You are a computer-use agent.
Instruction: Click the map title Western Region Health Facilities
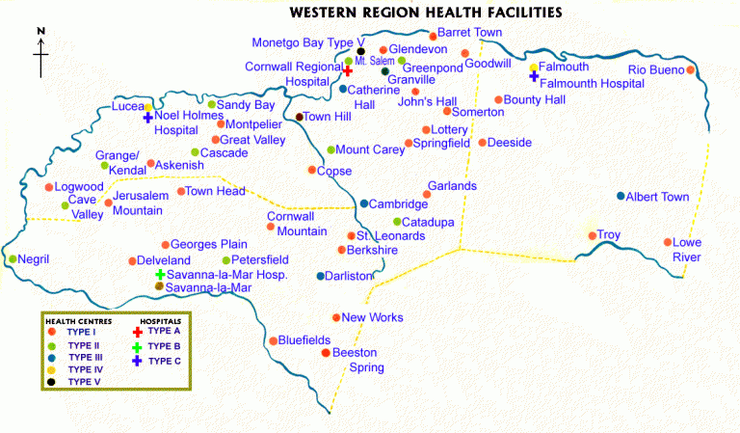426,13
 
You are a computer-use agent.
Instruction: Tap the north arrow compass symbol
41,54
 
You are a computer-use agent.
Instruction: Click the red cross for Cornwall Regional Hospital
347,71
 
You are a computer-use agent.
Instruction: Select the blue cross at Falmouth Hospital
534,75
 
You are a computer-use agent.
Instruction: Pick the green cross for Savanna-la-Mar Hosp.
160,275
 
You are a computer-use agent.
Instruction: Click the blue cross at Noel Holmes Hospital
148,118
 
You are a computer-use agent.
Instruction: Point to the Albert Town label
658,197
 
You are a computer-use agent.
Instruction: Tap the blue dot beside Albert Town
621,196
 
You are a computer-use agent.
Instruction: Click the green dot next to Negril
13,258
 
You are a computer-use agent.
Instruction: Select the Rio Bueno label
655,69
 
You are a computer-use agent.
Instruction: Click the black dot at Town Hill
299,117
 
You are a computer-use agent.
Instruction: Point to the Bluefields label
305,339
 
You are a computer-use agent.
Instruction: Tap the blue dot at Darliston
321,276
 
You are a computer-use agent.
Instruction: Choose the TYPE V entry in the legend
84,382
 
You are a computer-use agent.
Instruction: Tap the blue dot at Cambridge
363,203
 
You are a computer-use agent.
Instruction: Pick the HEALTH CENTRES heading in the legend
78,320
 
